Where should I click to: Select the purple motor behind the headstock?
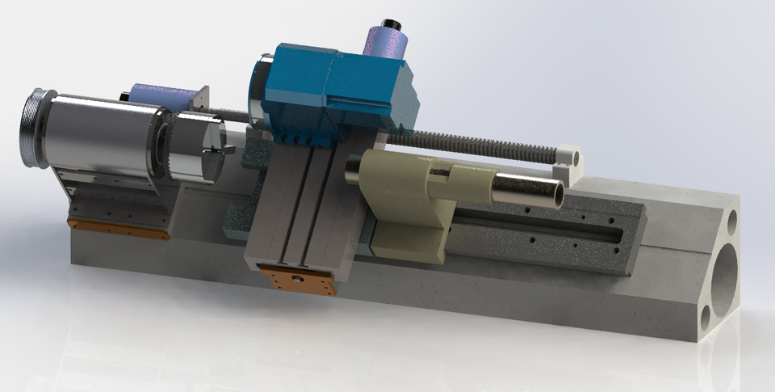tap(161, 96)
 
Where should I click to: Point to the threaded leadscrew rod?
tap(484, 145)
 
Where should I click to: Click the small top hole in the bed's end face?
tap(732, 219)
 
